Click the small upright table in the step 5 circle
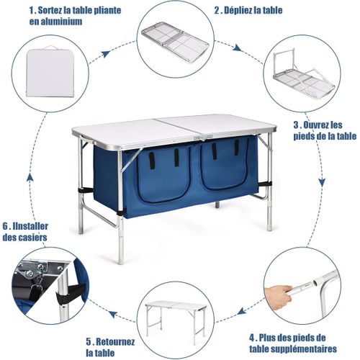click(x=176, y=314)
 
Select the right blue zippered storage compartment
click(x=223, y=170)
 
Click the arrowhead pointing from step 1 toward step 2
click(x=107, y=53)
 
